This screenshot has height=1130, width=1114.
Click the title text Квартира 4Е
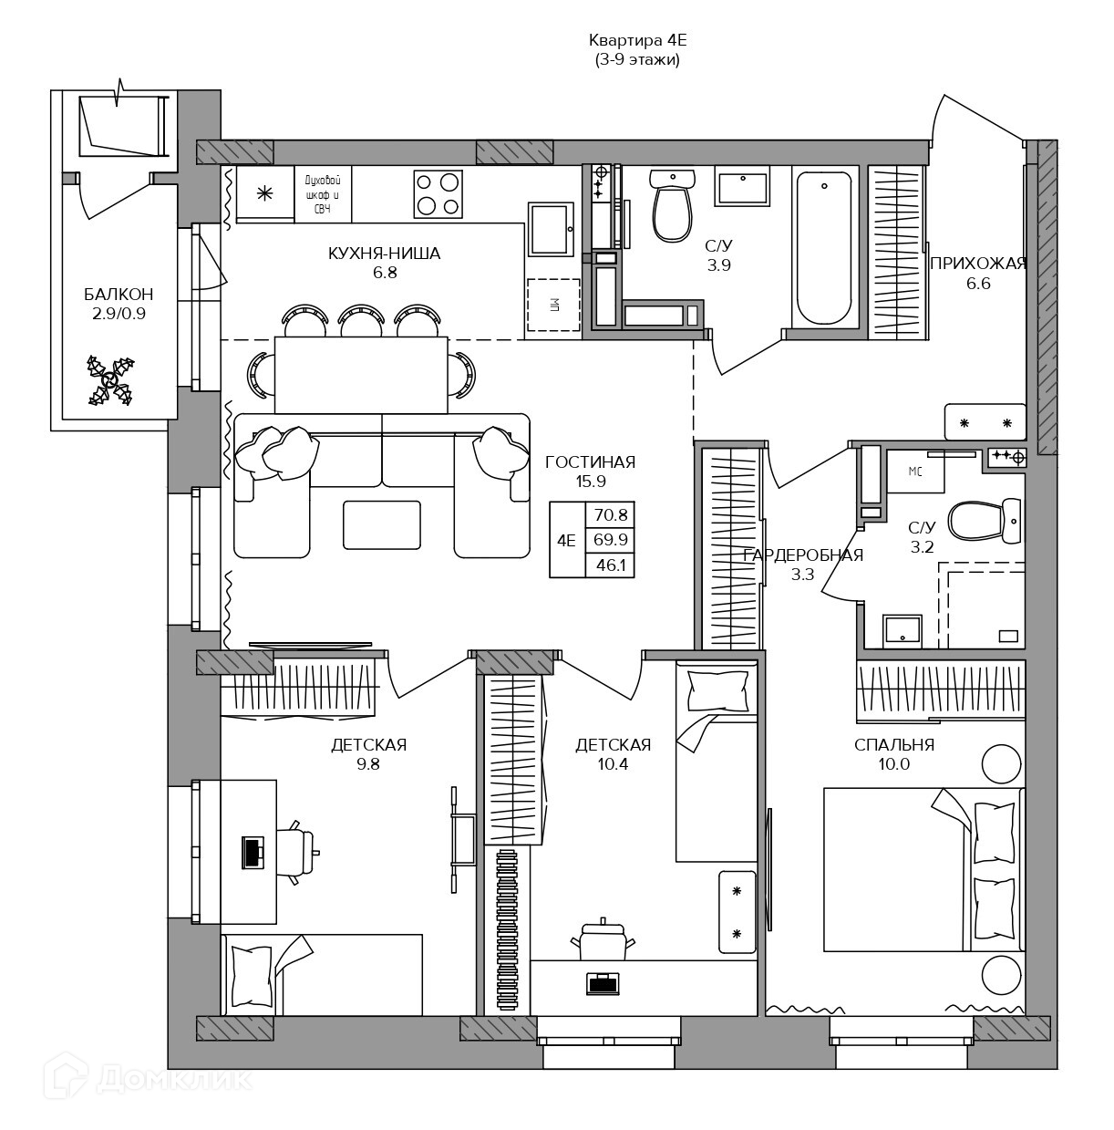pos(637,40)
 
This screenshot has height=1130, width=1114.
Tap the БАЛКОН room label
pos(119,294)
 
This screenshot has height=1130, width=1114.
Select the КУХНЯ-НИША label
pos(384,254)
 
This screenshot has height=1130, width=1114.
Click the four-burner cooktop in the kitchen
pos(438,194)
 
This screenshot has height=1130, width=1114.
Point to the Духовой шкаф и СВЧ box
pos(323,194)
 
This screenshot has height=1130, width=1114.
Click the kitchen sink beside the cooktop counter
pos(552,229)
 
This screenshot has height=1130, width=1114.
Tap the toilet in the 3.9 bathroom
pos(673,205)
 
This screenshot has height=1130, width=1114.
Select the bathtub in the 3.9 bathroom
pos(824,249)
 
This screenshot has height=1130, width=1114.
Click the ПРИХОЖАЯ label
pos(978,264)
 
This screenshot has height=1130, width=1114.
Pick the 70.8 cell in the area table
pos(611,515)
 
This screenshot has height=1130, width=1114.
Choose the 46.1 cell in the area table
pos(611,565)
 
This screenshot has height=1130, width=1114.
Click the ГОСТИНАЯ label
pos(591,462)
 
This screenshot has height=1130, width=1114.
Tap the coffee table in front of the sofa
pos(382,524)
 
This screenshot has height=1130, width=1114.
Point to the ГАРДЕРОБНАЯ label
pos(803,555)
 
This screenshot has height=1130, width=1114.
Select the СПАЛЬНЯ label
pos(894,745)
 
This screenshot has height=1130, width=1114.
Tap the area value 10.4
pos(614,763)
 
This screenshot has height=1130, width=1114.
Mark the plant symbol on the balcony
pos(111,380)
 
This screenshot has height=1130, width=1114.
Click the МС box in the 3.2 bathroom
pos(915,471)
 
